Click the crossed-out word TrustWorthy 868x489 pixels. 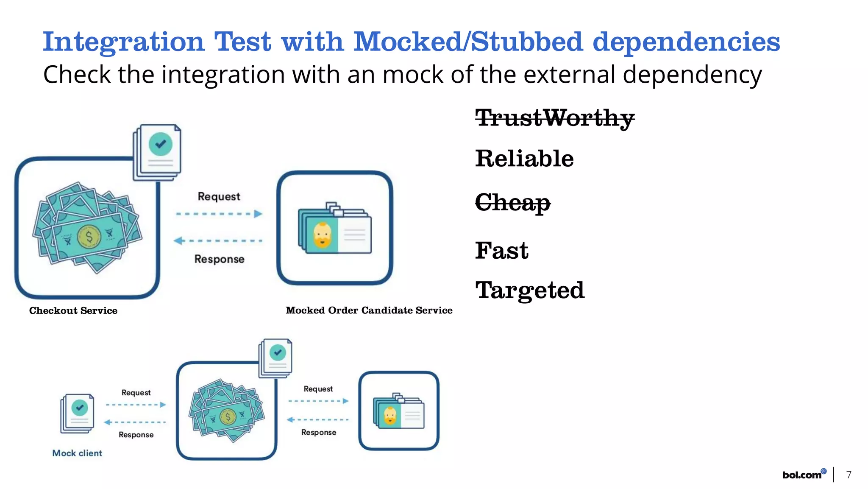[x=554, y=118]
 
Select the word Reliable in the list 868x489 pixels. [x=524, y=159]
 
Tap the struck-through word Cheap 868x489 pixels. [x=512, y=202]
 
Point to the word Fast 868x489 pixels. [x=501, y=250]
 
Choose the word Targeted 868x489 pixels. [x=530, y=291]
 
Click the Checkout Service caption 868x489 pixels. [x=73, y=310]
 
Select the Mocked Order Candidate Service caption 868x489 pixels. [x=369, y=310]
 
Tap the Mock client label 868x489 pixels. [x=77, y=453]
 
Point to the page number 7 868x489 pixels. [x=849, y=475]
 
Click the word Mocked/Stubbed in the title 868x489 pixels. [x=468, y=42]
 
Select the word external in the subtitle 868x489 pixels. [x=570, y=75]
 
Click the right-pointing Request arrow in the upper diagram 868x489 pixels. [x=219, y=214]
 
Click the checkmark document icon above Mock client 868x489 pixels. [x=78, y=413]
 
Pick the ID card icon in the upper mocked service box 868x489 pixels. [x=335, y=229]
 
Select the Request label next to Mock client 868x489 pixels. [x=136, y=393]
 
